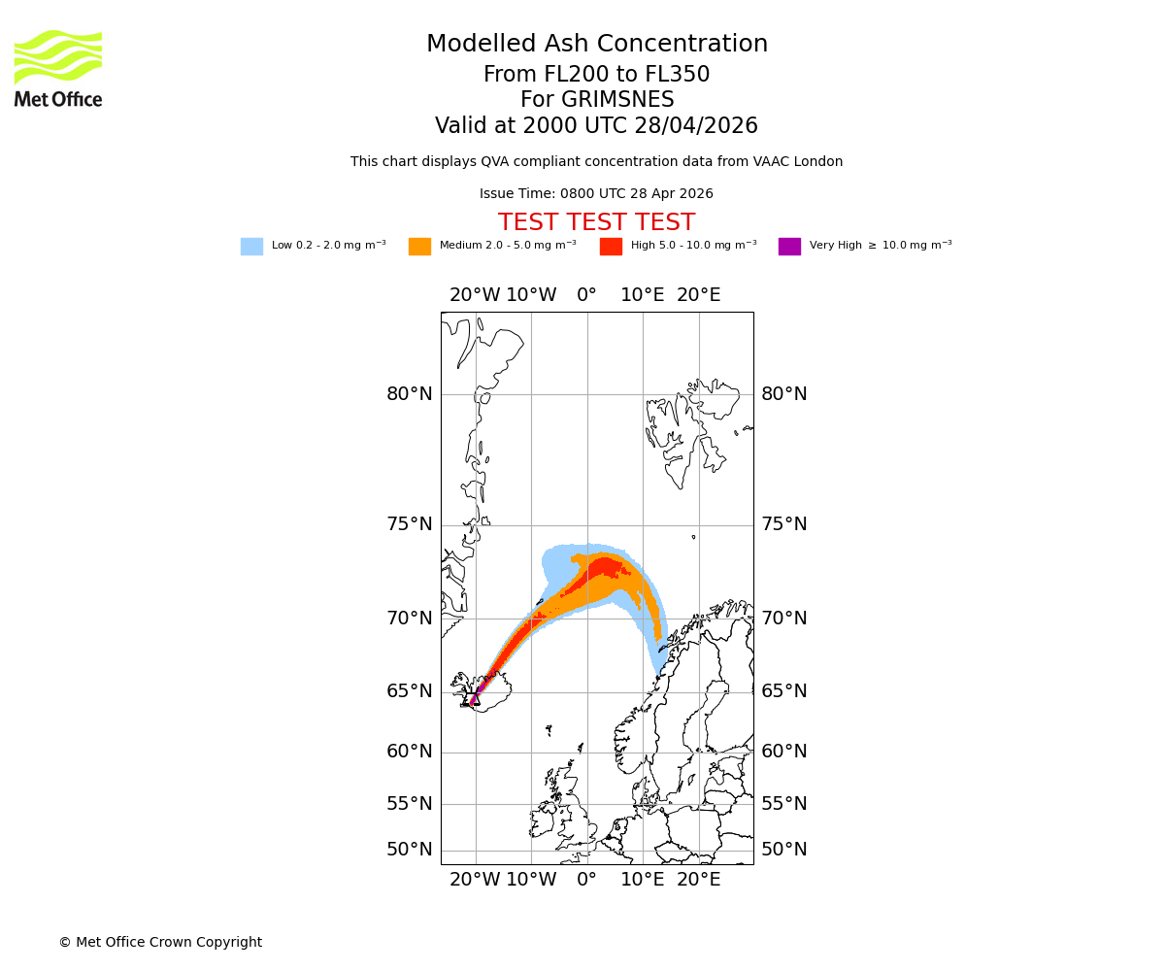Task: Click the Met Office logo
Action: [x=58, y=68]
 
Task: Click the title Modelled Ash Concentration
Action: [x=596, y=45]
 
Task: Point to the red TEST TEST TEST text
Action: [x=596, y=223]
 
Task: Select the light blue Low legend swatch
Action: [x=251, y=247]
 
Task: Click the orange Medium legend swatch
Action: [x=419, y=247]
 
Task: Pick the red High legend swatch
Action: [x=611, y=247]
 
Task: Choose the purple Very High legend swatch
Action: [x=789, y=247]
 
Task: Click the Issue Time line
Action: [x=596, y=194]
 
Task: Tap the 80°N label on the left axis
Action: [x=410, y=394]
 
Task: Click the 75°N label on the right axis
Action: [x=783, y=524]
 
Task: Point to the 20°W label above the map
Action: [x=475, y=295]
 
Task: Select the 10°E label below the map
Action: [x=643, y=880]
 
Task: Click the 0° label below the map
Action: [x=586, y=880]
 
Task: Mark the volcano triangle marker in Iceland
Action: [x=475, y=699]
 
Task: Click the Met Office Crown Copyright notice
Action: [x=160, y=943]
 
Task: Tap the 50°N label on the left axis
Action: [x=410, y=850]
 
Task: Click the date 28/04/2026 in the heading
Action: [x=697, y=126]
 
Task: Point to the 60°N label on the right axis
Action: [x=783, y=752]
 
